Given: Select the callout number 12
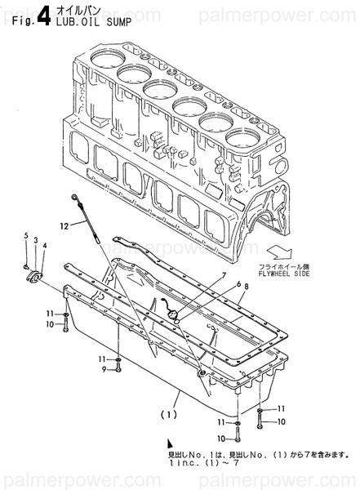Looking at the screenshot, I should [x=62, y=225].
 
